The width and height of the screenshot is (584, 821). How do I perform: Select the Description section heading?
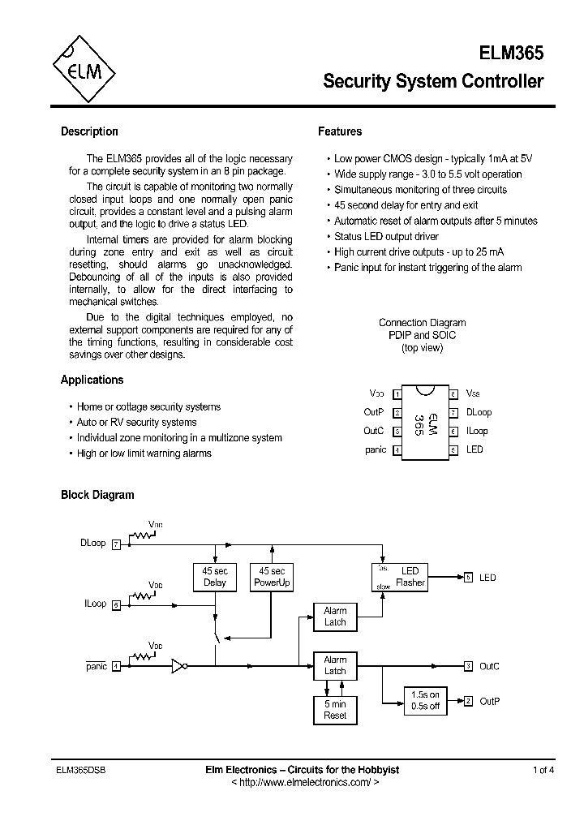[x=89, y=131]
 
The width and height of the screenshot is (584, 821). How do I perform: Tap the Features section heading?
[x=340, y=131]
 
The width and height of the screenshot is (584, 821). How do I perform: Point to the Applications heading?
[x=92, y=380]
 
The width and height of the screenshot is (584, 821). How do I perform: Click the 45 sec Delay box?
[x=215, y=577]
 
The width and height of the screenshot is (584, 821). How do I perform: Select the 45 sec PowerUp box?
[x=272, y=577]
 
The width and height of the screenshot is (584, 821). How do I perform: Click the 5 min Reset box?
[x=335, y=710]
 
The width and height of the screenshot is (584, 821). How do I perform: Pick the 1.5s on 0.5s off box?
[x=426, y=700]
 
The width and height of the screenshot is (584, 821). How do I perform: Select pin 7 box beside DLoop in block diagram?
[x=116, y=544]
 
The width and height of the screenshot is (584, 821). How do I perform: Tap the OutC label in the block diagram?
[x=489, y=666]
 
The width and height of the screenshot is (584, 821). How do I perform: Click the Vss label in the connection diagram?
[x=473, y=393]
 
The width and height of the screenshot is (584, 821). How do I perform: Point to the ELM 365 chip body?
[x=424, y=422]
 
